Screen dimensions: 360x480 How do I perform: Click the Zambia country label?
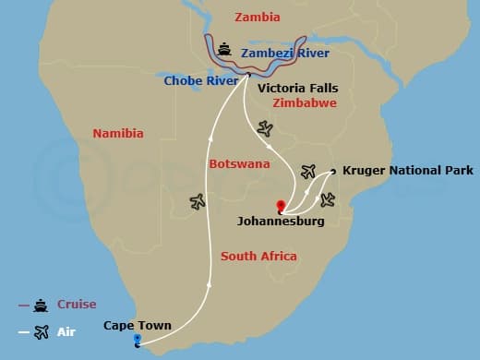258,18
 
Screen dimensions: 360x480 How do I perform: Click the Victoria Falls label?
297,89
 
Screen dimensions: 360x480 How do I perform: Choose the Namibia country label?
118,134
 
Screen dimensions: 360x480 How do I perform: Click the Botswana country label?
240,163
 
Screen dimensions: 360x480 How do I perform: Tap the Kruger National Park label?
407,171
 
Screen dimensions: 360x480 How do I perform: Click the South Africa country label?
258,256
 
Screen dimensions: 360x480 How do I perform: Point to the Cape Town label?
136,325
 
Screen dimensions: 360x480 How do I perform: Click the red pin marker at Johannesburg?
280,206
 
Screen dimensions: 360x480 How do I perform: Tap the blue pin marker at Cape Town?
137,341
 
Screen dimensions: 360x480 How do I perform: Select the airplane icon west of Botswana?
197,200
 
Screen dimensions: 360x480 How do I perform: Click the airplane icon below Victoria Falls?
266,128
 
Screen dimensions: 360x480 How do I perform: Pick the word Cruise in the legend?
77,305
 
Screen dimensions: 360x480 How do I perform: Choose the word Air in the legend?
66,331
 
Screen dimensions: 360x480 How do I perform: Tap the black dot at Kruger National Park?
332,171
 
